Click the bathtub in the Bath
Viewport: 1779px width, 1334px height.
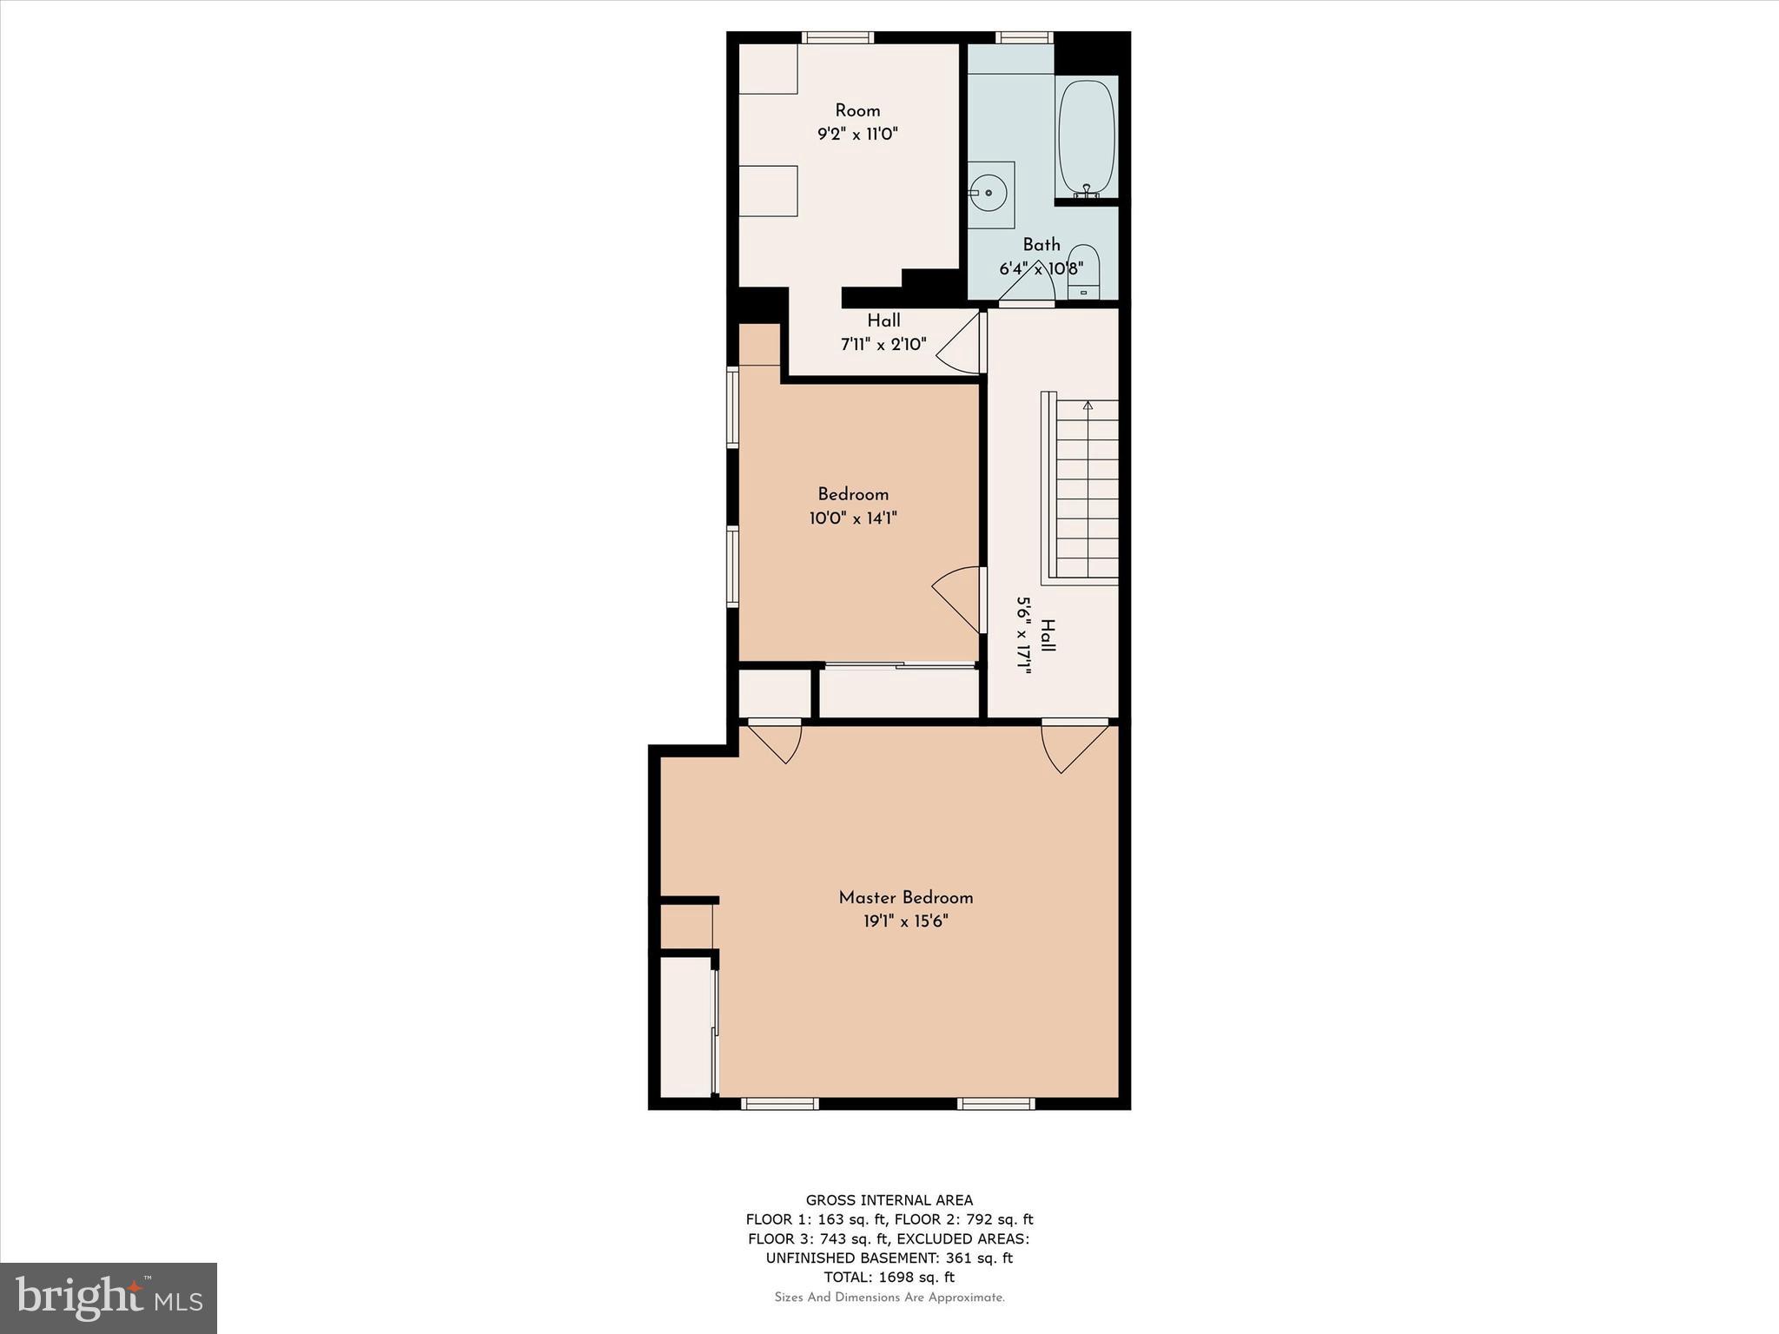point(1086,139)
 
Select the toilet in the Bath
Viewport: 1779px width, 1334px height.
point(1083,270)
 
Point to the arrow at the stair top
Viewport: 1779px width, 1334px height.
point(1088,405)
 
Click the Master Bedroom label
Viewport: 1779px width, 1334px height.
point(905,897)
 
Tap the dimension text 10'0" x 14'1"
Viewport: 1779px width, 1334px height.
point(852,518)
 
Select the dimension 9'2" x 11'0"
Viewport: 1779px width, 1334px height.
point(856,134)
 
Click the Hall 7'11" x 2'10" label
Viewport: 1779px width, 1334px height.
point(883,333)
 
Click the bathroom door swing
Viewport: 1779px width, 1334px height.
point(1029,283)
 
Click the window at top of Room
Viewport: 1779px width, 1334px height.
point(837,37)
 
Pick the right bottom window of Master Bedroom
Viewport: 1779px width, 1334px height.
point(995,1104)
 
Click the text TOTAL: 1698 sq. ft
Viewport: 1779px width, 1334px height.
point(889,1277)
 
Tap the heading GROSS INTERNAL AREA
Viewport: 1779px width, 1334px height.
point(889,1200)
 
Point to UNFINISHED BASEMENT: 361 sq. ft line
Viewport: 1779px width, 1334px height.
point(889,1258)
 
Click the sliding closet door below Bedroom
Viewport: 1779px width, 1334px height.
point(899,666)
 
